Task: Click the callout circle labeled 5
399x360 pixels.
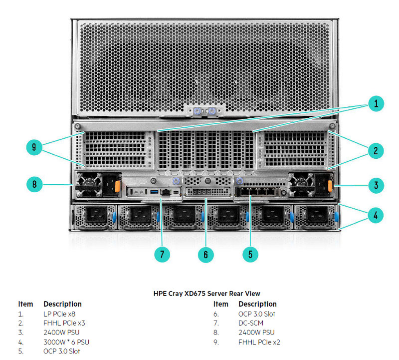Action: [x=250, y=254]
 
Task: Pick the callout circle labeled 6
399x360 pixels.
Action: [x=206, y=254]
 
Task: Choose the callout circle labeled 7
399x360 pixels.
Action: [x=162, y=254]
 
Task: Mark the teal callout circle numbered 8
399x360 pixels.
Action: [x=34, y=184]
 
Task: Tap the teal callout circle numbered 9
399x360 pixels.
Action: [x=34, y=147]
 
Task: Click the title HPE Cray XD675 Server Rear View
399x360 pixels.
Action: [x=206, y=294]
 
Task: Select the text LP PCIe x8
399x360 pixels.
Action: [x=59, y=314]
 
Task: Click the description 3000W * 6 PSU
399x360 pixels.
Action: [x=66, y=342]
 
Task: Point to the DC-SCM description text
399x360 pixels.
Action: [x=251, y=323]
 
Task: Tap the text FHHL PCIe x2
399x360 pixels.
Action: [x=259, y=342]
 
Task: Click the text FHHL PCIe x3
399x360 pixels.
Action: [x=64, y=323]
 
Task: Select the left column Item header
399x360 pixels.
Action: [x=25, y=304]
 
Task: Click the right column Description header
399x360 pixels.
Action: [x=257, y=304]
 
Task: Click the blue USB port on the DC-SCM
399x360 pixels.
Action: [x=153, y=191]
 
